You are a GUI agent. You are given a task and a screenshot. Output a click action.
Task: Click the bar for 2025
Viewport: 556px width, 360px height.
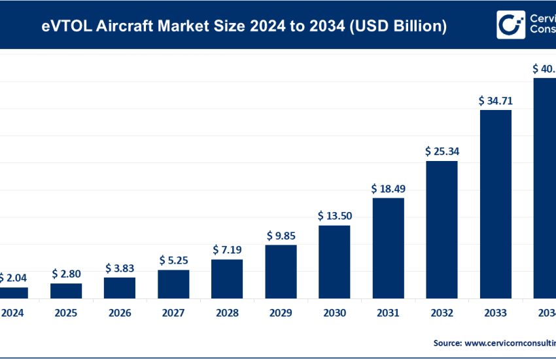(66, 291)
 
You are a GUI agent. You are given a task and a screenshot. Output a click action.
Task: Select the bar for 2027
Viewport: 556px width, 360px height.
(173, 284)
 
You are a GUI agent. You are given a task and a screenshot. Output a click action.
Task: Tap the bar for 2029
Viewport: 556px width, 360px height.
(281, 272)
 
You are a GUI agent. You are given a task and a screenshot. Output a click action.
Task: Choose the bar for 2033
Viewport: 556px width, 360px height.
(495, 204)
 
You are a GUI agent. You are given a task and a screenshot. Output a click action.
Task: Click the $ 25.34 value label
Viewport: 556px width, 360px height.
(442, 151)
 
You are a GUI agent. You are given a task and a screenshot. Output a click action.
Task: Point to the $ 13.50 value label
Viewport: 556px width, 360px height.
(334, 215)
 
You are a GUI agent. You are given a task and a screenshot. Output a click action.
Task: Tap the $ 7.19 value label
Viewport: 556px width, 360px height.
(227, 249)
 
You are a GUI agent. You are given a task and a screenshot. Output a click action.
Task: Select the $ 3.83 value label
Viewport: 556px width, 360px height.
(120, 268)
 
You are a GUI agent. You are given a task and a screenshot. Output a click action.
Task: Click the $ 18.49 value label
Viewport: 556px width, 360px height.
(388, 189)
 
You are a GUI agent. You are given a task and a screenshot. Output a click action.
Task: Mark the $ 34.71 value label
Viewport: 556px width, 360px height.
(495, 101)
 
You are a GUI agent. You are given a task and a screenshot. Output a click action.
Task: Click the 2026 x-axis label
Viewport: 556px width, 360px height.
(120, 313)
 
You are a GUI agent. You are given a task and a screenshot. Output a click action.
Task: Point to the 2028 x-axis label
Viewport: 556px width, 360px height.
(227, 313)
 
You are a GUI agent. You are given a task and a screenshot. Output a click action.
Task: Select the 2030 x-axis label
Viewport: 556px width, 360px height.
(334, 313)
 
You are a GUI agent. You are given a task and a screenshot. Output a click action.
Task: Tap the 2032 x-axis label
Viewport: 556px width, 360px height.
(442, 313)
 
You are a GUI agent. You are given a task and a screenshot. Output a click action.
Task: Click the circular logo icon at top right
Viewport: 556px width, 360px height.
(510, 25)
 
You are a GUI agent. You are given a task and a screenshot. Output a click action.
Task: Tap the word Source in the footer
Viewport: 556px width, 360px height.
(447, 342)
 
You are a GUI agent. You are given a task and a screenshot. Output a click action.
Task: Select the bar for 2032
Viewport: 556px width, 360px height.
(442, 229)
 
